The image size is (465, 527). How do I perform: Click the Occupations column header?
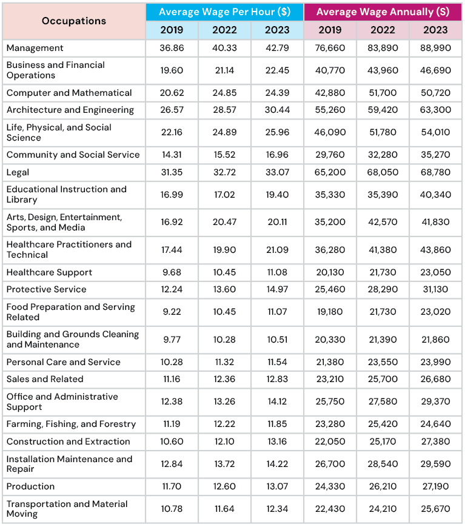click(74, 21)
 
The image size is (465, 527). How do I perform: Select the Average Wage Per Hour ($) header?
click(224, 12)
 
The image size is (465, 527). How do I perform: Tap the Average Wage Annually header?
click(383, 12)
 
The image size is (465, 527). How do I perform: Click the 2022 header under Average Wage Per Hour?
click(224, 30)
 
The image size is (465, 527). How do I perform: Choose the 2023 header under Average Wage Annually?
click(435, 30)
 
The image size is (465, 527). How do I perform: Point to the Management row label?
click(35, 48)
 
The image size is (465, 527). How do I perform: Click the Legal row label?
click(18, 172)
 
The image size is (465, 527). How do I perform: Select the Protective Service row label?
click(46, 289)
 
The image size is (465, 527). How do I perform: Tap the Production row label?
click(30, 486)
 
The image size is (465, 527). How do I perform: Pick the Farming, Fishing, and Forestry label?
click(71, 424)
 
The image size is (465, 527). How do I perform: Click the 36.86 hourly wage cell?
click(172, 48)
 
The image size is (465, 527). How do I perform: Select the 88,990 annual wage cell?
click(435, 48)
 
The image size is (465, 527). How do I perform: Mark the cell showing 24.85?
click(224, 93)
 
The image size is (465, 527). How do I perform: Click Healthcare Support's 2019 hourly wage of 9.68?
click(172, 272)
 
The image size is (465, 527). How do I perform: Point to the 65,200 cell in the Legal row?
click(330, 172)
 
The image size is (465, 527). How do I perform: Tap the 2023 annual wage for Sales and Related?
click(435, 379)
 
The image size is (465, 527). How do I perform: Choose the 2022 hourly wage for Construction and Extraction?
click(224, 441)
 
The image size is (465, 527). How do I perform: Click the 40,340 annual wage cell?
click(435, 195)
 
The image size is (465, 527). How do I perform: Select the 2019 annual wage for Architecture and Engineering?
click(330, 110)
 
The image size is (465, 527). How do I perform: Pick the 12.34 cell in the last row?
click(277, 509)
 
